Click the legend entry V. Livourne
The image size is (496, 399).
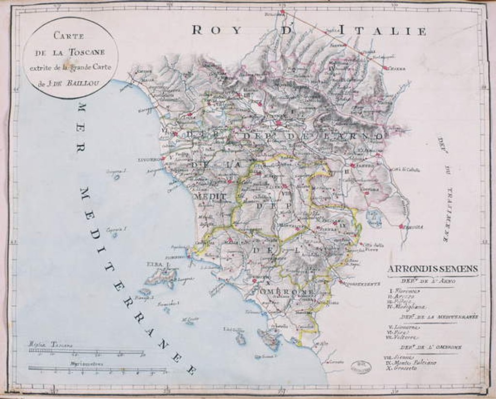pos(404,327)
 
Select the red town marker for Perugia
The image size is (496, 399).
pos(401,226)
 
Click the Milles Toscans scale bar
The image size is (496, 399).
pos(86,352)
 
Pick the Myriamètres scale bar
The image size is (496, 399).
pos(97,368)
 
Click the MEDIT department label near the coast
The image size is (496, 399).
pos(210,197)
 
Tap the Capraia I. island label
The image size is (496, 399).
pos(116,229)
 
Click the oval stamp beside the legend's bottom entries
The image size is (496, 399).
pos(361,366)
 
